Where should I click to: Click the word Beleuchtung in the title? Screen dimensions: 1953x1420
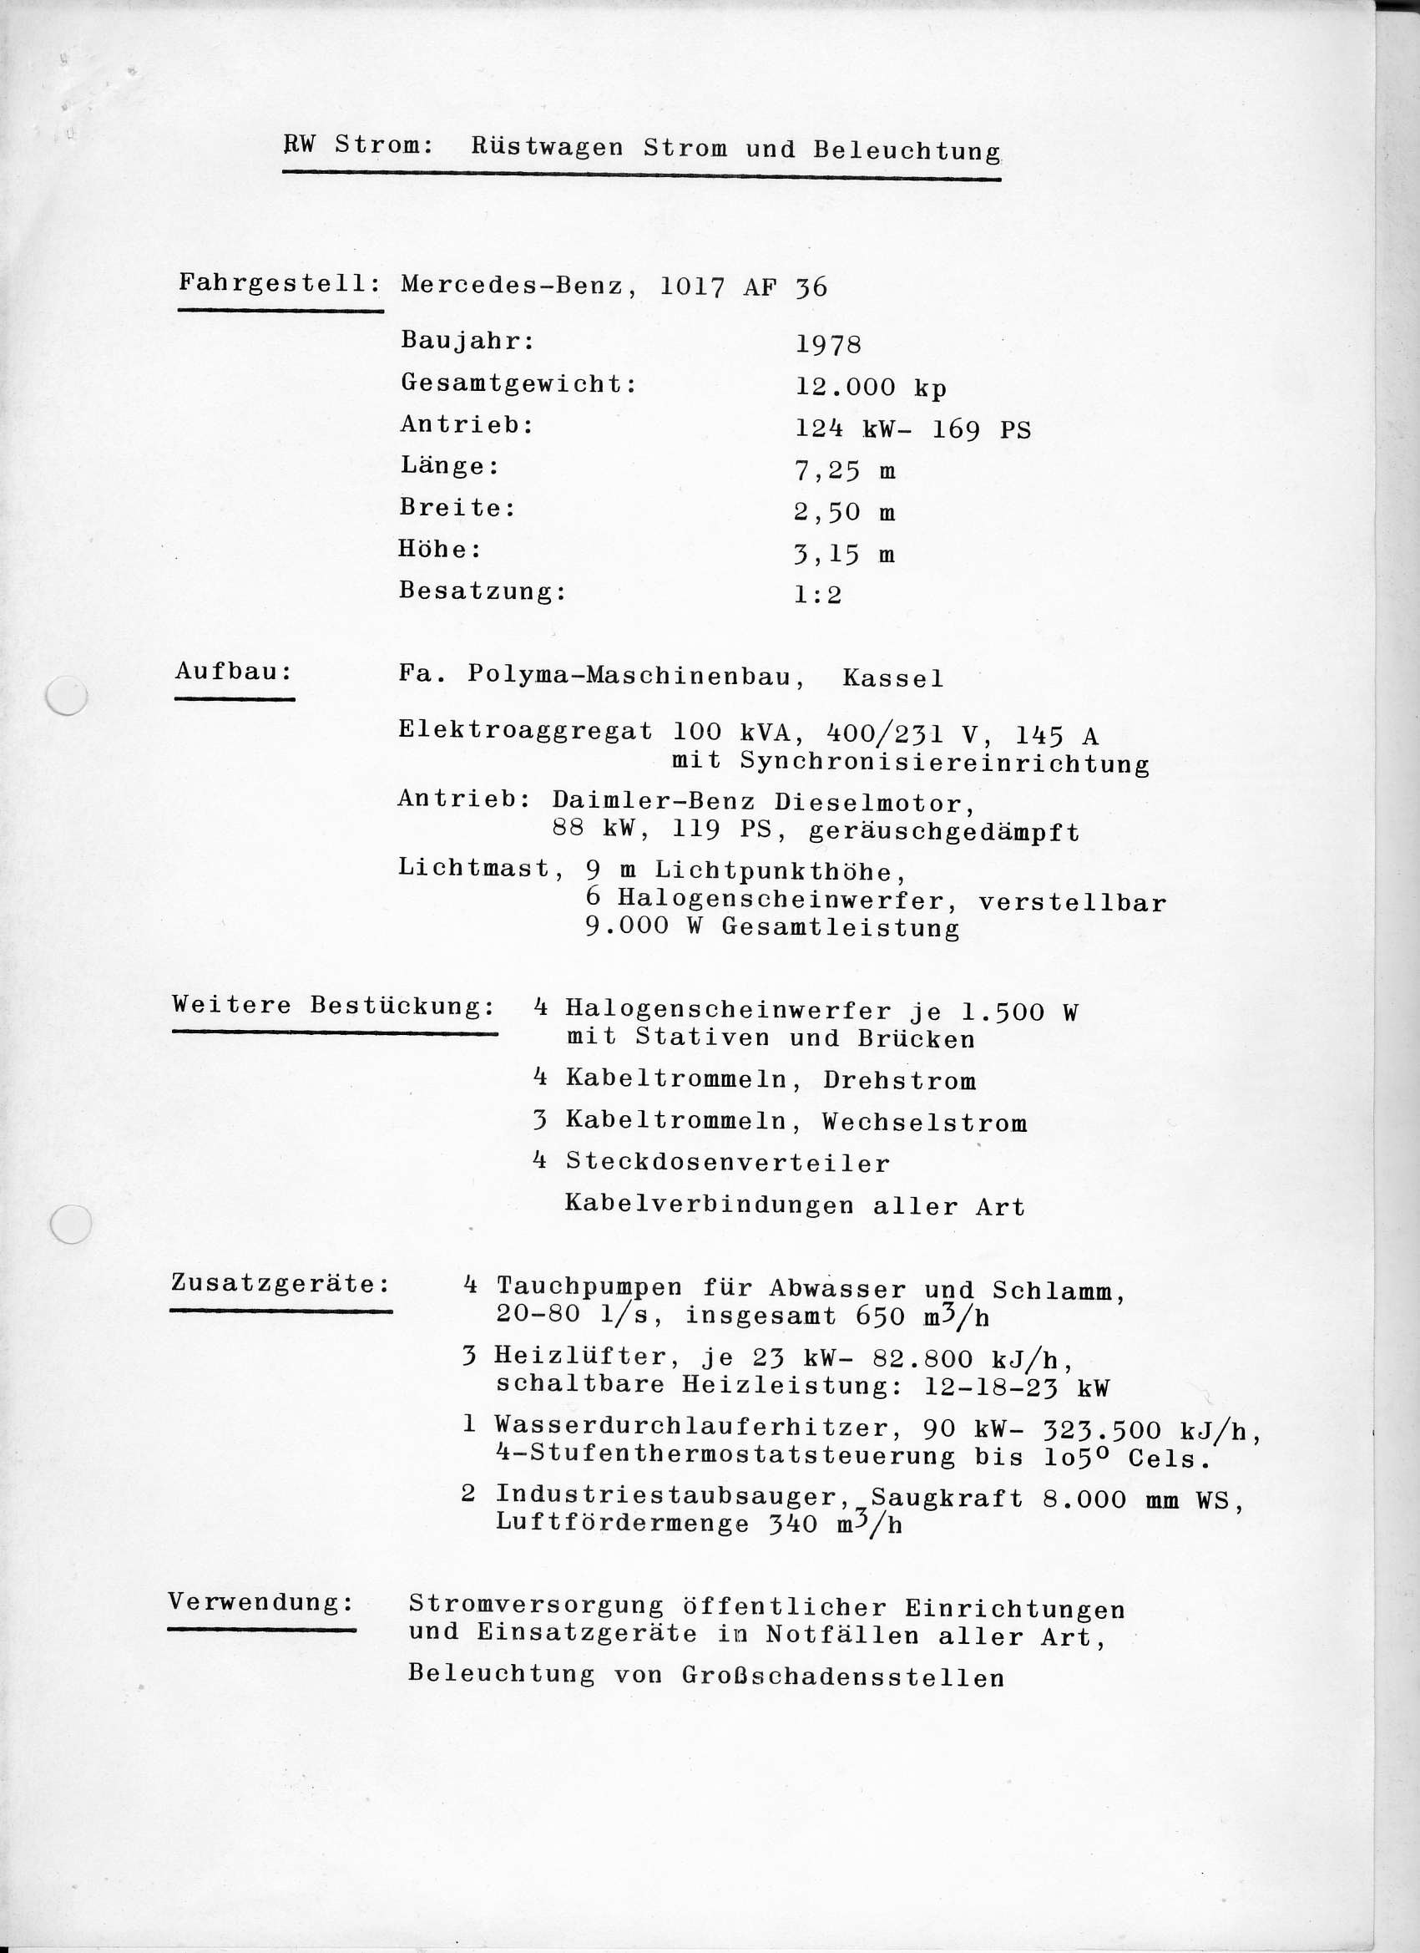[907, 150]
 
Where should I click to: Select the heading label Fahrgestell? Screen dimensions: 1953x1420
[279, 282]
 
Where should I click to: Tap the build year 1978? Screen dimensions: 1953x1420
[828, 344]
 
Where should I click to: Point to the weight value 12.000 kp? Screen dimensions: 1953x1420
[870, 388]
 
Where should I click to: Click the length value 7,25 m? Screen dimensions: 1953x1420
[844, 471]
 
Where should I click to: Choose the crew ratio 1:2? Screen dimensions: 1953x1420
[817, 595]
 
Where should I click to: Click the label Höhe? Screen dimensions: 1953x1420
[439, 550]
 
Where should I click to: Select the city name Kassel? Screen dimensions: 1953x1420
[892, 678]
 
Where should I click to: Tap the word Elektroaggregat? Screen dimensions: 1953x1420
[525, 731]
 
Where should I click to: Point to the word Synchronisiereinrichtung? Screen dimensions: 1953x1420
[944, 763]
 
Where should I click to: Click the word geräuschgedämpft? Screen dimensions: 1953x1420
[944, 833]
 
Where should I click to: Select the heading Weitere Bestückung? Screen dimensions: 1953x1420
[333, 1005]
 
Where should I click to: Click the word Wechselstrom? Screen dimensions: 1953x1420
[924, 1122]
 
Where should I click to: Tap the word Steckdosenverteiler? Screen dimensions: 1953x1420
[727, 1164]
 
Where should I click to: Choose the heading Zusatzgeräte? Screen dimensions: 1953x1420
[280, 1283]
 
